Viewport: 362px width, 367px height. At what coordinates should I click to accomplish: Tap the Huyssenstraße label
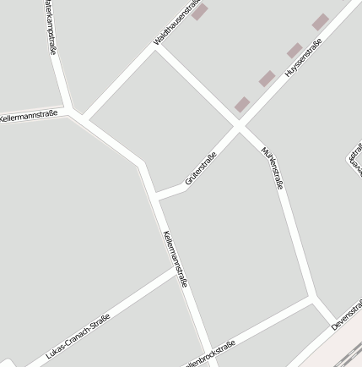coord(303,58)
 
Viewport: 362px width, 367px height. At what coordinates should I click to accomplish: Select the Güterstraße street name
coord(201,167)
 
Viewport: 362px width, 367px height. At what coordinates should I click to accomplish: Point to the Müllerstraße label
coord(273,167)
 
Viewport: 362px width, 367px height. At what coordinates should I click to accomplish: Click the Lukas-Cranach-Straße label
coord(78,336)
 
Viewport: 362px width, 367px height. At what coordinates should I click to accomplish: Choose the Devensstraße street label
coord(347,314)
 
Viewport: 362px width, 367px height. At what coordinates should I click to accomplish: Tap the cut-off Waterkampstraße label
coord(50,27)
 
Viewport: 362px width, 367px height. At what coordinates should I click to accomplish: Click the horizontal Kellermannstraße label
coord(29,113)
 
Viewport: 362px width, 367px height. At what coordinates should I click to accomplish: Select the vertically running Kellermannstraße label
coord(175,258)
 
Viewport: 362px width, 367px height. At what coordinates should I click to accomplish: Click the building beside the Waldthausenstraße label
coord(199,12)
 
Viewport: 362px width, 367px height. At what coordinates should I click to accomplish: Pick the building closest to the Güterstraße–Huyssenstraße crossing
coord(242,104)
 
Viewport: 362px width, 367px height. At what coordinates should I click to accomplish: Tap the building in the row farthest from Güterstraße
coord(320,22)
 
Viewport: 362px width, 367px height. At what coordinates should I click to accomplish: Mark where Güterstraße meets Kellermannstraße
coord(156,199)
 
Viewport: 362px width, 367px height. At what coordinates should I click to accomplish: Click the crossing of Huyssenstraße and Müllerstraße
coord(239,128)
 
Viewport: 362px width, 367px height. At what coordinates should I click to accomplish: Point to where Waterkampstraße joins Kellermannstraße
coord(74,111)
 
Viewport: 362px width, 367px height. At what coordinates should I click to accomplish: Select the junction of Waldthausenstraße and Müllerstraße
coord(157,46)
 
